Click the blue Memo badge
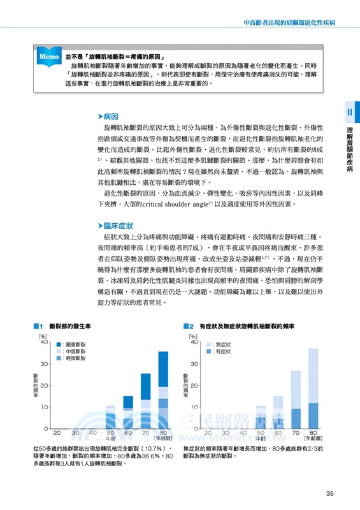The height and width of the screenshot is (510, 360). (x=49, y=57)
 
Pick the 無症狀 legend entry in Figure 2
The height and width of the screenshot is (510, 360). (x=220, y=344)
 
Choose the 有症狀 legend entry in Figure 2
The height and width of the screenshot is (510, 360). (x=220, y=351)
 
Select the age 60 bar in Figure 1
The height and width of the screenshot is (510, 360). (x=128, y=412)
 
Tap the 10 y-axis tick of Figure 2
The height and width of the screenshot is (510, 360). (x=192, y=407)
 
